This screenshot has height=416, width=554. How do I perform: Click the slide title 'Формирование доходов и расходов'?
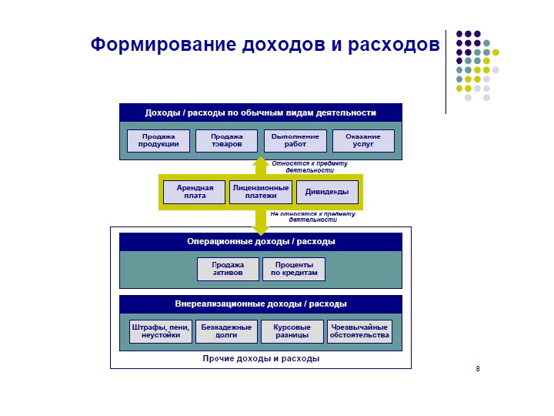pos(265,44)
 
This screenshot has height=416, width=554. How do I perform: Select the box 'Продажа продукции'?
pos(159,141)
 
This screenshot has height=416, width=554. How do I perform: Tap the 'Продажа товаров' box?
pos(226,141)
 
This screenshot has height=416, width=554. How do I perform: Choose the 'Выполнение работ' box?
pos(295,141)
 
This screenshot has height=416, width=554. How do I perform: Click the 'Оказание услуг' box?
pos(363,141)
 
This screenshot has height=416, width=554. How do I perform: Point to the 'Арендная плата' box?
pos(195,192)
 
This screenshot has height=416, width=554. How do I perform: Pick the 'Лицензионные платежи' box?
pos(261,192)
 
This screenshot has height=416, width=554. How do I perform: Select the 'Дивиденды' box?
pos(327,192)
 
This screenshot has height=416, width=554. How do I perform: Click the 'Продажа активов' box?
pos(228,269)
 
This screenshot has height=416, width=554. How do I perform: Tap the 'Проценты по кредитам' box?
pos(294,269)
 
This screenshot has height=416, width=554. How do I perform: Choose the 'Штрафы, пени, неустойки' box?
pos(161,331)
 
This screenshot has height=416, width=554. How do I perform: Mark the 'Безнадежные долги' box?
pos(226,331)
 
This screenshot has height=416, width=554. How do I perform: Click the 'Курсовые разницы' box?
pos(292,331)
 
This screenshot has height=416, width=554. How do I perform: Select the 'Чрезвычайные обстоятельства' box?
pos(359,331)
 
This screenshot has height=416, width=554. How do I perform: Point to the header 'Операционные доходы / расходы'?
pos(261,242)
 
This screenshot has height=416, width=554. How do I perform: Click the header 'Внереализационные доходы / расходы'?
pos(261,304)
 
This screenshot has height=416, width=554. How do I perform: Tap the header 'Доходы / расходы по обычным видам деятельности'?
pos(261,112)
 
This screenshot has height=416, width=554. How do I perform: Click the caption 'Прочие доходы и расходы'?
pos(261,358)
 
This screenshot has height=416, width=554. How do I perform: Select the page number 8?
pos(478,370)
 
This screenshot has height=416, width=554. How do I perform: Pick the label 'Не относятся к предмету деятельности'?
pos(312,216)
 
